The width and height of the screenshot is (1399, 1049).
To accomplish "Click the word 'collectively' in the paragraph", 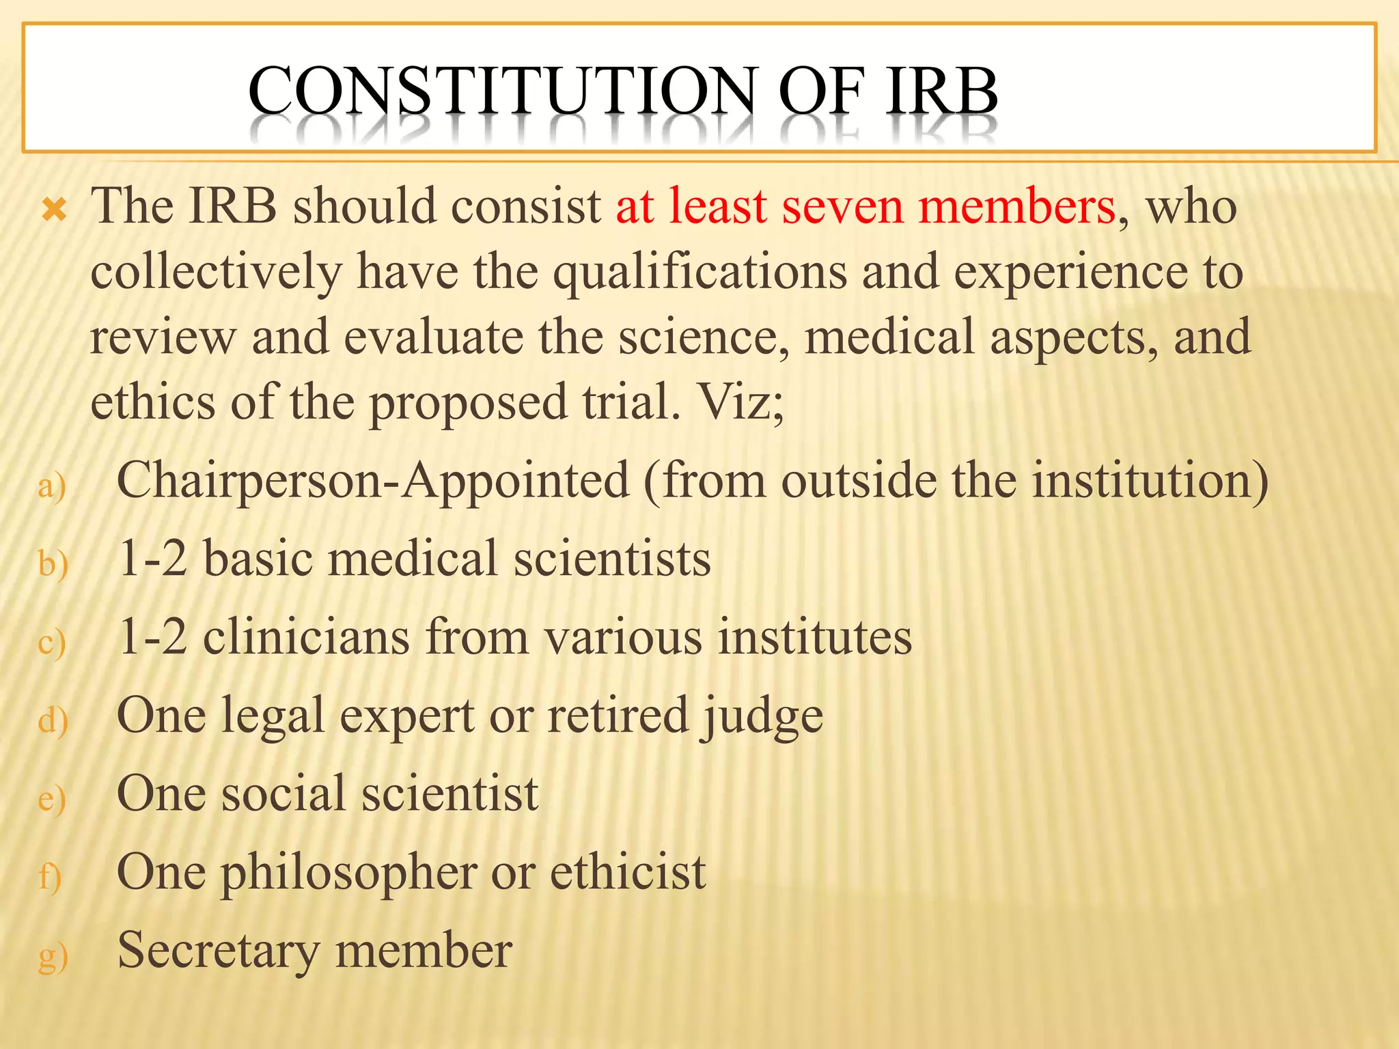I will tap(216, 272).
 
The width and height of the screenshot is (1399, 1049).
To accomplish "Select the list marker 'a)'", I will tap(52, 486).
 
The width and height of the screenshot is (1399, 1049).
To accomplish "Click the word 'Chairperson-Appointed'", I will tap(373, 480).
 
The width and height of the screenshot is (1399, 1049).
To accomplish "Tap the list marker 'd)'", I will tap(53, 721).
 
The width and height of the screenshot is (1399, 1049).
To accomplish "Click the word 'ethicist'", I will tap(628, 872).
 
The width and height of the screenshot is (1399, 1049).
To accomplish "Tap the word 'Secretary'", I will tap(219, 951).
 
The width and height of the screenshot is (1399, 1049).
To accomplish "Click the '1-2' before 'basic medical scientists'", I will tap(152, 559).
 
